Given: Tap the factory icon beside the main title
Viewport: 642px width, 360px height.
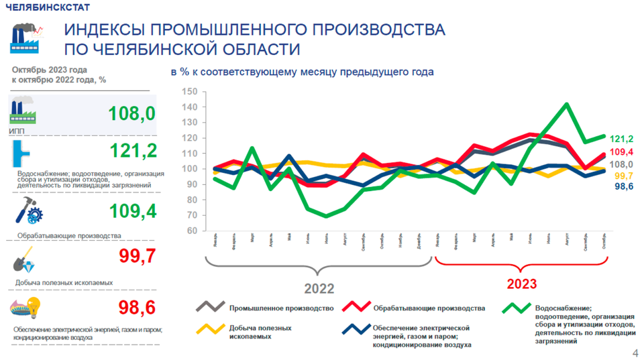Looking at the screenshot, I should point(27,38).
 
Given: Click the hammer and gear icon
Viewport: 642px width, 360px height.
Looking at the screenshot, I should point(29,213).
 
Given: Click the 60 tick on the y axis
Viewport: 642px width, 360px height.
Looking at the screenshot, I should point(191,231).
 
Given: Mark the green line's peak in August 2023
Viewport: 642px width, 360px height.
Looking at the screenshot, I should point(567,105).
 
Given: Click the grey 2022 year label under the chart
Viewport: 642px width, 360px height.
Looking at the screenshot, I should point(319,289).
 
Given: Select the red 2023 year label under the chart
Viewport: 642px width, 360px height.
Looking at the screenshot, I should point(521,284).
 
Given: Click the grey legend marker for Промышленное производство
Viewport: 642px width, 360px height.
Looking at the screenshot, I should point(210,307).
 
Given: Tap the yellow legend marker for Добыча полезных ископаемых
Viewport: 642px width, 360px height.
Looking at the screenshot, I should point(210,329).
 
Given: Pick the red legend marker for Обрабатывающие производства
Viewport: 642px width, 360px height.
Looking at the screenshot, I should point(356,307).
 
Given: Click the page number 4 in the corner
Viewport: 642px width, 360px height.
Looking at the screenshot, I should point(635,353).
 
